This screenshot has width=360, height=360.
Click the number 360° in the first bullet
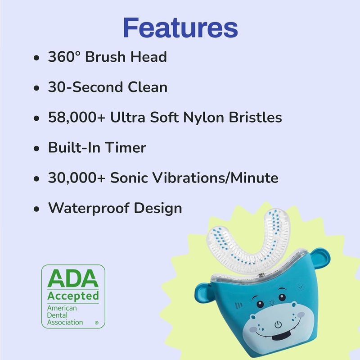pos(63,57)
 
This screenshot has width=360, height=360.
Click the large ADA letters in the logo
pos(73,280)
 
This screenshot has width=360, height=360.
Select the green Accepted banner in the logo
pos(73,296)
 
